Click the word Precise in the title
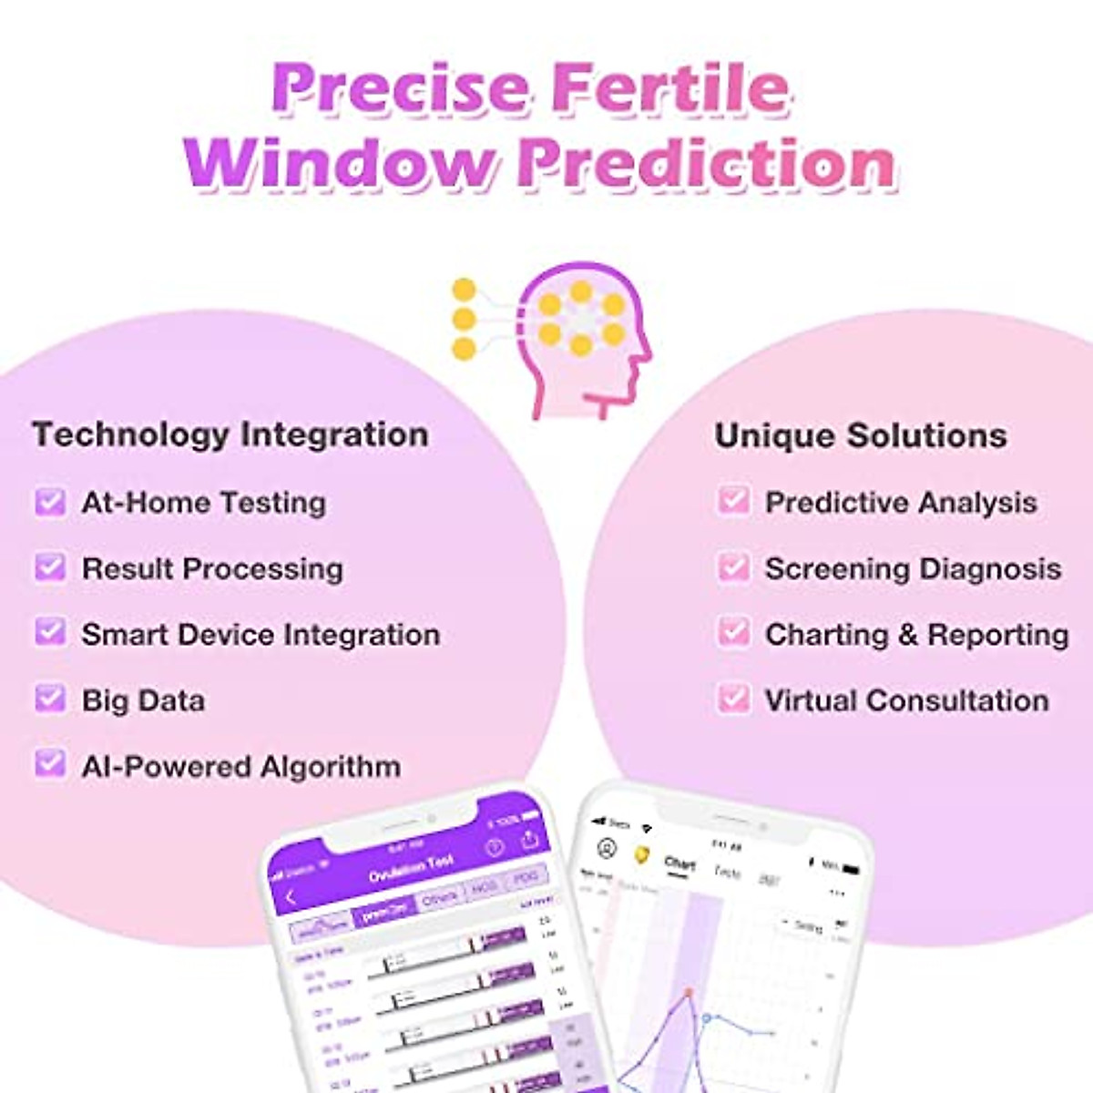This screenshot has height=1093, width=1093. (x=400, y=88)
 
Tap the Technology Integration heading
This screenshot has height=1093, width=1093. (x=230, y=434)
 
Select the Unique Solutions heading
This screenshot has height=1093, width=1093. (x=861, y=435)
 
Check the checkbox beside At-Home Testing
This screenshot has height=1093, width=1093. (x=50, y=502)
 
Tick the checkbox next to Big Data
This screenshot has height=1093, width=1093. (x=50, y=700)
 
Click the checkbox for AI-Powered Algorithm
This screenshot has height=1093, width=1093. (x=50, y=764)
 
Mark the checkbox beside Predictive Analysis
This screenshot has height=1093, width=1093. (x=733, y=501)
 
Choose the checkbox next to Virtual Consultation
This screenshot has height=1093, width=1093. (x=733, y=700)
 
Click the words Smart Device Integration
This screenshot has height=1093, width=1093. (x=260, y=634)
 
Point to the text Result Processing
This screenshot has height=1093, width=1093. (x=212, y=568)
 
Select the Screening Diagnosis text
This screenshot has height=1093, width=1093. (x=913, y=568)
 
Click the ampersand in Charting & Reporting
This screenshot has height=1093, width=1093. (x=907, y=634)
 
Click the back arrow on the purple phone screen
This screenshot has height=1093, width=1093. (x=291, y=898)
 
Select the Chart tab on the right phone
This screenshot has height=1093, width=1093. (x=679, y=863)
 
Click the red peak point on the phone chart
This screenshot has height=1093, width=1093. (x=690, y=992)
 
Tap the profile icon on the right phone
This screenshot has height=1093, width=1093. (x=607, y=849)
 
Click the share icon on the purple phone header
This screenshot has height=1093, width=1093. (x=529, y=840)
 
